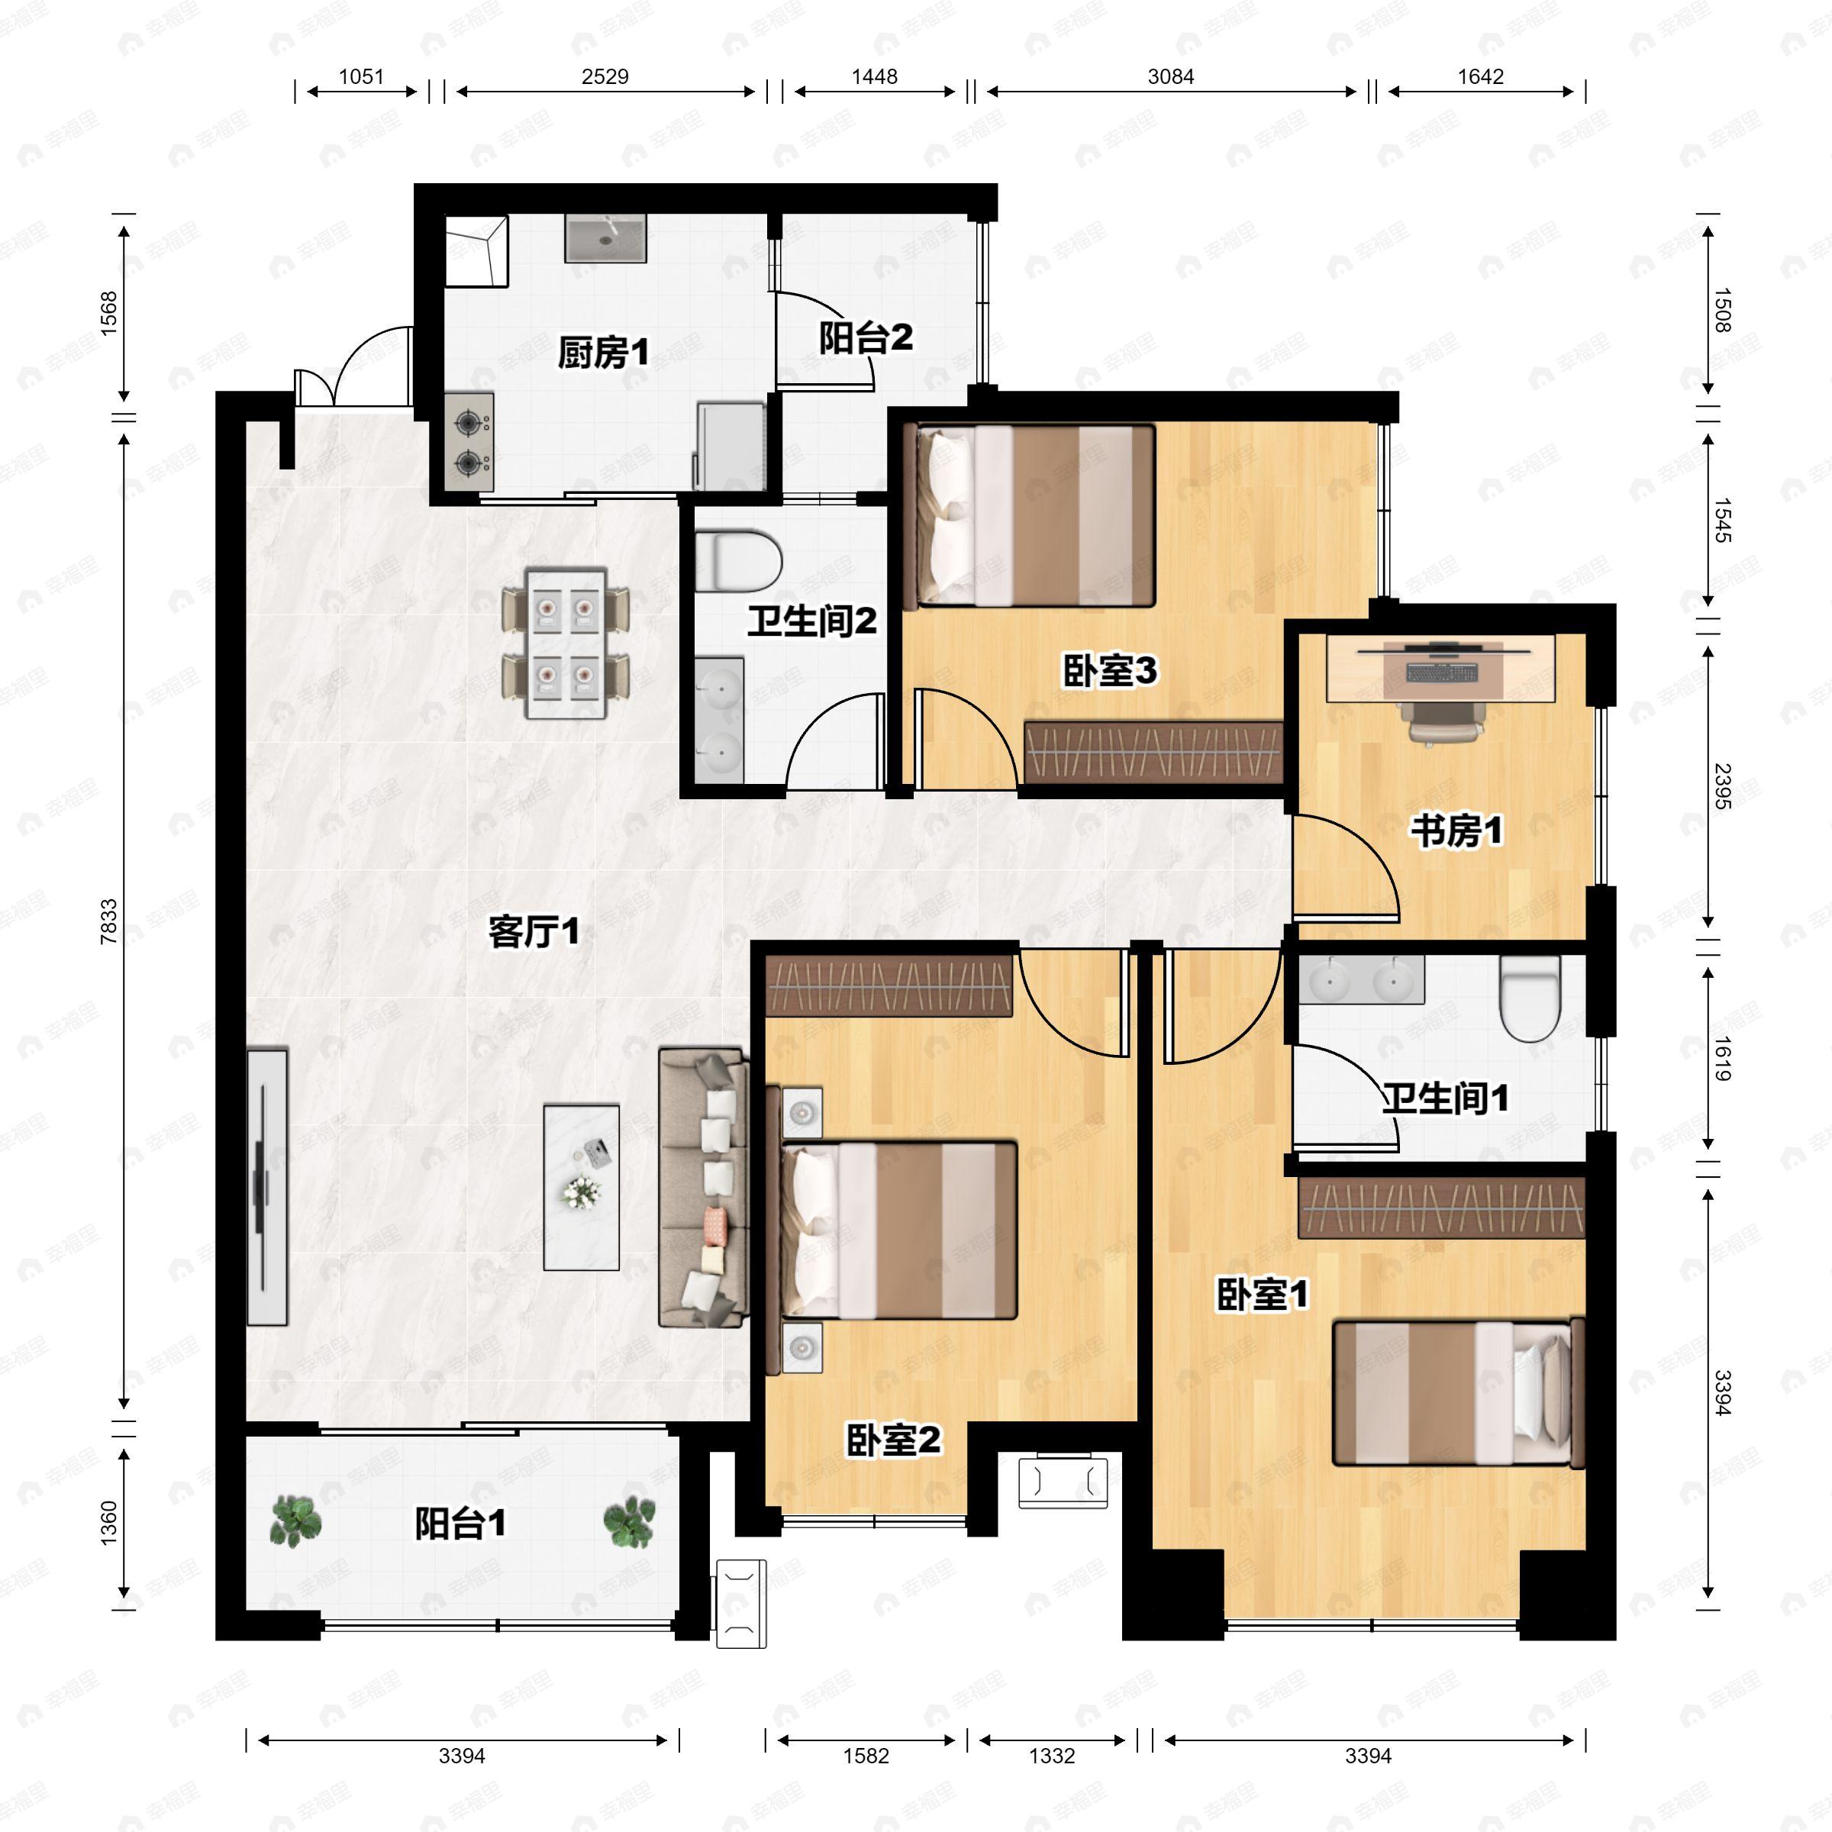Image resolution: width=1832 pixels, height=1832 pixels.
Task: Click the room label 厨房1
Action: tap(603, 353)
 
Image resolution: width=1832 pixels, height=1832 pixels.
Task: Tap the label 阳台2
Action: tap(866, 337)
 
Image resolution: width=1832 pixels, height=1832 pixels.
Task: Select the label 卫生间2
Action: tap(811, 621)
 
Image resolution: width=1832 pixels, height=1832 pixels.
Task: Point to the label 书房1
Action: tap(1456, 831)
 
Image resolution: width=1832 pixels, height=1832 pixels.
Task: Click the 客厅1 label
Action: tap(534, 931)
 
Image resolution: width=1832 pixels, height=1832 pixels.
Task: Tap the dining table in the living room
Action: tap(566, 643)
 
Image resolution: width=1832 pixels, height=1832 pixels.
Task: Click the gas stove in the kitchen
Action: tap(469, 442)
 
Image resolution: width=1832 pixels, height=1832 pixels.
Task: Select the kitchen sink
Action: tap(606, 238)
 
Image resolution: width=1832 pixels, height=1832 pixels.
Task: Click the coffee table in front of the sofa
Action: tap(581, 1187)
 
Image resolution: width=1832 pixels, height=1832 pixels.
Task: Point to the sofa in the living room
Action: tap(702, 1187)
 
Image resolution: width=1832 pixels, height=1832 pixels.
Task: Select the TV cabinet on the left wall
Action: tap(267, 1186)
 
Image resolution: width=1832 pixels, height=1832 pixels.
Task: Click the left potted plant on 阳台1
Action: tap(296, 1522)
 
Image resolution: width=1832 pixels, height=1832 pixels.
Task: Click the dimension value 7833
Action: tap(109, 921)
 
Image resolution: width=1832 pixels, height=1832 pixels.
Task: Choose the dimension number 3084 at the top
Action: tap(1170, 77)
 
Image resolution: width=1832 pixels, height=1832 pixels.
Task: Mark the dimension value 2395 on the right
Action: tap(1723, 786)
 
